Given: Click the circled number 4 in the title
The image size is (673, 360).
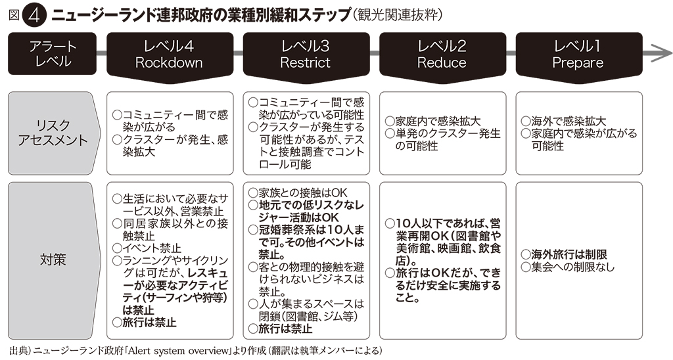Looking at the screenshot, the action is (35, 16).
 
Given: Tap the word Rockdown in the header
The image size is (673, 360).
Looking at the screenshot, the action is (169, 62).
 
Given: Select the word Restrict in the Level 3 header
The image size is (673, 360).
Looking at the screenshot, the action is (305, 62).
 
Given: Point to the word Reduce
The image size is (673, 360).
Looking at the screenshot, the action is (442, 62).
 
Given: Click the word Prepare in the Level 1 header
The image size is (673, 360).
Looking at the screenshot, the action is (578, 63).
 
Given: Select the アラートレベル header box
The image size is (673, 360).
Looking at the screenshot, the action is (53, 54).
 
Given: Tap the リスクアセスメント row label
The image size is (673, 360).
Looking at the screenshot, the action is (53, 133).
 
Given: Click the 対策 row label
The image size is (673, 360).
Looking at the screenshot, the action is (53, 259).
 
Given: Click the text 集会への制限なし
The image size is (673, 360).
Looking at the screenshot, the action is (573, 267).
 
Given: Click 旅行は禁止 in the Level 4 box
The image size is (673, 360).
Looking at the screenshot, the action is (149, 323).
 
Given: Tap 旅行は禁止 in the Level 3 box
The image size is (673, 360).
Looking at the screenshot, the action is (285, 328).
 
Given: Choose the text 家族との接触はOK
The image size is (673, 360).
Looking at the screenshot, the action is (303, 192).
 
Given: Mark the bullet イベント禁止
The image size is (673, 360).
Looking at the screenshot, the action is (152, 248).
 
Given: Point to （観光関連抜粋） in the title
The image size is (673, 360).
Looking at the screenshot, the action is (396, 16).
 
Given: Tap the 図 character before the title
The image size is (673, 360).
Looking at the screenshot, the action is (14, 16).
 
